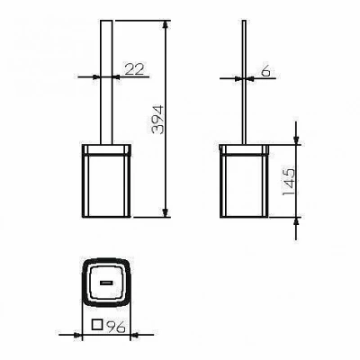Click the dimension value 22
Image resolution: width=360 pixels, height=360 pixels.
click(134, 69)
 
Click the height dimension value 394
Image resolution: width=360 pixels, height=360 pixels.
click(157, 119)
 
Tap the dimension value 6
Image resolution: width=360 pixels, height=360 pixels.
click(265, 71)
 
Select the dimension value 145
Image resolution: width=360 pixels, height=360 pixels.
click(289, 182)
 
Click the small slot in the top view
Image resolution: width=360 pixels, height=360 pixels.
click(106, 282)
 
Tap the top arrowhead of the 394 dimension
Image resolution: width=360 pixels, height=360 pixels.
click(165, 24)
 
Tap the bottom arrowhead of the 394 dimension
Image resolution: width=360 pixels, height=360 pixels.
click(165, 212)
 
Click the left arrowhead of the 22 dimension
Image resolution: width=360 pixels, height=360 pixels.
click(96, 76)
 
